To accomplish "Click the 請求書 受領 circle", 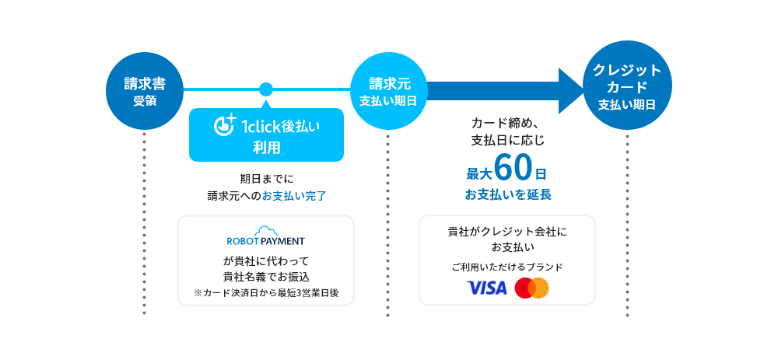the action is pyautogui.click(x=144, y=91).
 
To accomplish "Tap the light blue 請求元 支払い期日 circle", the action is pyautogui.click(x=388, y=91).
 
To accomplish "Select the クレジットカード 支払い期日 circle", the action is pyautogui.click(x=627, y=86).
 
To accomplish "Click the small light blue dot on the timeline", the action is pyautogui.click(x=266, y=89).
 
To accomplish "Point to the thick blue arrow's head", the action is pyautogui.click(x=571, y=90).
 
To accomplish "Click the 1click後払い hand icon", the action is pyautogui.click(x=225, y=125).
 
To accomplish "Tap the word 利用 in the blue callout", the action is pyautogui.click(x=266, y=148).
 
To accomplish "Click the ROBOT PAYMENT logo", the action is pyautogui.click(x=266, y=241).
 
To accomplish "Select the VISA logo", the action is pyautogui.click(x=487, y=288).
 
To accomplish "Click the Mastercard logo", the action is pyautogui.click(x=532, y=288).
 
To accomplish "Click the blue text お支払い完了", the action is pyautogui.click(x=294, y=196).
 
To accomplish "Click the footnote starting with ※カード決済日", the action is pyautogui.click(x=266, y=293).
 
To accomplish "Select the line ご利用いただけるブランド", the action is pyautogui.click(x=507, y=267).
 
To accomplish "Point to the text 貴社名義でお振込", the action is pyautogui.click(x=266, y=277).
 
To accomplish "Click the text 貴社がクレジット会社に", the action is pyautogui.click(x=507, y=232).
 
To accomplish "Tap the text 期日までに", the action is pyautogui.click(x=266, y=178).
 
